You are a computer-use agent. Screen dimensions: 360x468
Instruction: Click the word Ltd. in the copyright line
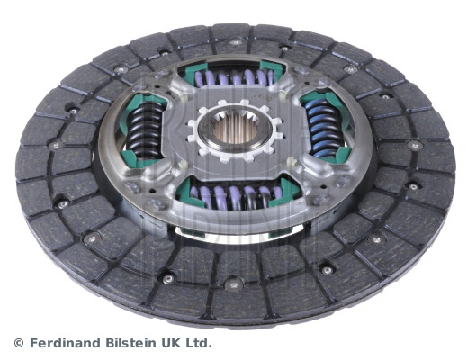(201, 343)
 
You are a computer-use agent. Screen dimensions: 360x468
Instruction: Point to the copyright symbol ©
(17, 343)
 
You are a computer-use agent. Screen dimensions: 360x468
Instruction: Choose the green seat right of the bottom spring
(286, 189)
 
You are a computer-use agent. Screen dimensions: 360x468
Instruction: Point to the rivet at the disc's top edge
(236, 42)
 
